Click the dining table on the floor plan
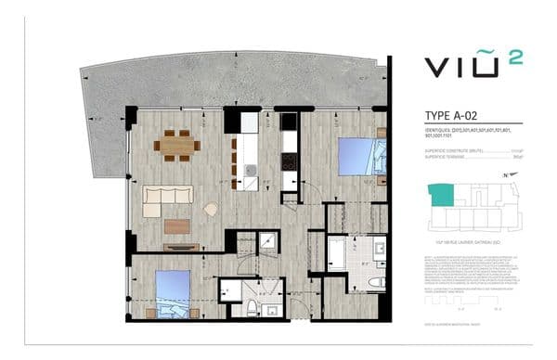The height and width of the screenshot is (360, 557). click(176, 144)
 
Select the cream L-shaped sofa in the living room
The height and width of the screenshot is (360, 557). click(168, 200)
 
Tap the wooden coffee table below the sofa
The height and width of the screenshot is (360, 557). click(176, 225)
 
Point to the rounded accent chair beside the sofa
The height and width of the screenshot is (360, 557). click(212, 210)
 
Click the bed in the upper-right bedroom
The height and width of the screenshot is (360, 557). click(355, 156)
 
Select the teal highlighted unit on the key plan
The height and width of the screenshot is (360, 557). click(437, 195)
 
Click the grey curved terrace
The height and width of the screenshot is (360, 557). click(232, 80)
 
